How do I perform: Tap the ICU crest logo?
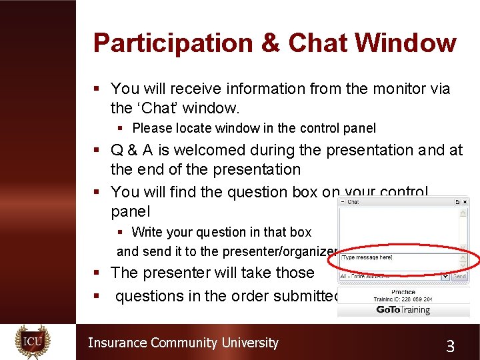[33, 342]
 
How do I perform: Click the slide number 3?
[450, 345]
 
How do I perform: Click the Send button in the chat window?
[460, 275]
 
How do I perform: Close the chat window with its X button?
[465, 201]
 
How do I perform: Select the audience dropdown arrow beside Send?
[445, 275]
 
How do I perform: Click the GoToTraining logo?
[403, 309]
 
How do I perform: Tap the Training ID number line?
[403, 299]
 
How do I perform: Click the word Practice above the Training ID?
[403, 292]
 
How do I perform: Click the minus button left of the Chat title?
[342, 201]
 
